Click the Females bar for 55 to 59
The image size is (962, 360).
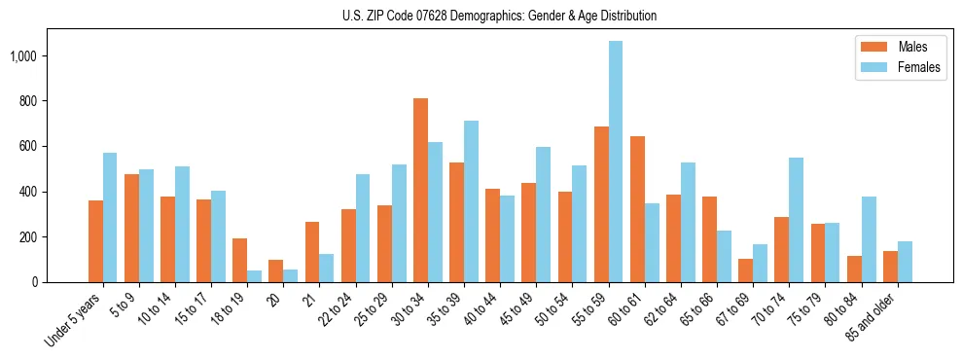pyautogui.click(x=616, y=162)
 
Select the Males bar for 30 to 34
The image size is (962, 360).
pyautogui.click(x=420, y=190)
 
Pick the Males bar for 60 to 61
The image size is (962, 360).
pyautogui.click(x=637, y=209)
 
